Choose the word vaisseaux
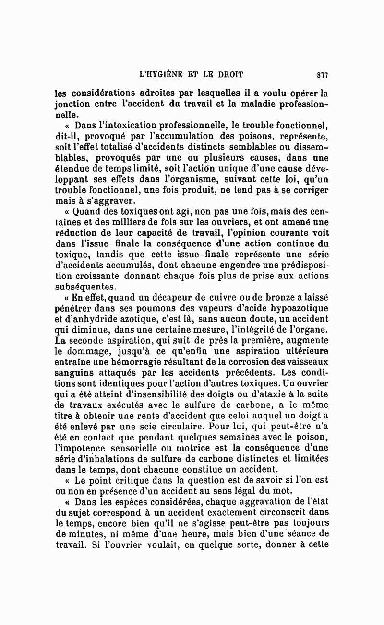click(x=306, y=361)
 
